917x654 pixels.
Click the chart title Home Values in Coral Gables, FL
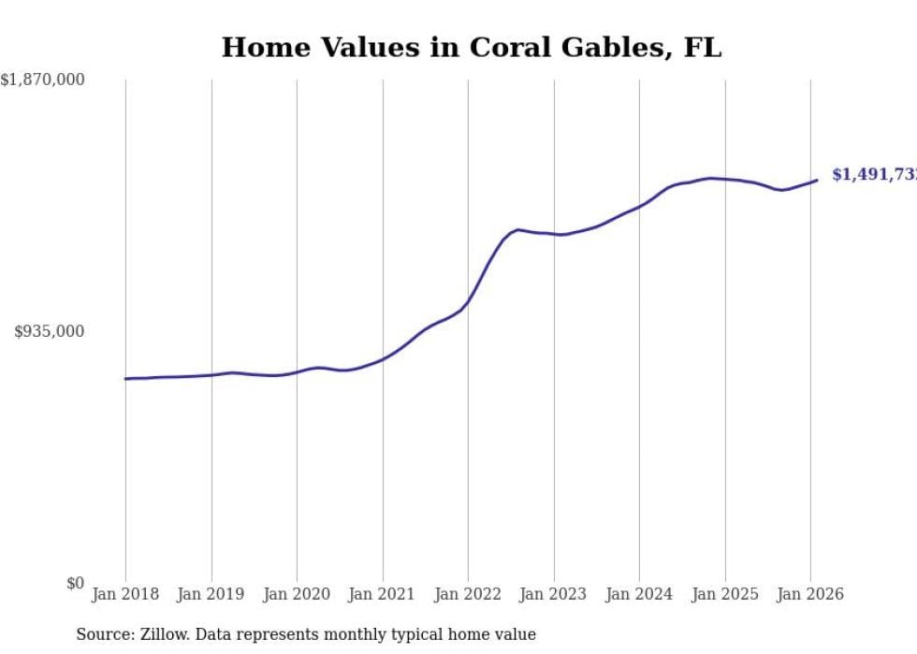472,48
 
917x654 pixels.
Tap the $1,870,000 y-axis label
42,80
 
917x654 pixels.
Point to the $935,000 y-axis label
49,331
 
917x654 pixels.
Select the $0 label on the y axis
75,583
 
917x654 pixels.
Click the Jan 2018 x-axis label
125,594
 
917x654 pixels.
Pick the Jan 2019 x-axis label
211,594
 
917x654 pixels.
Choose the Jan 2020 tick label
297,594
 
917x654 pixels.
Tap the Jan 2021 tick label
382,594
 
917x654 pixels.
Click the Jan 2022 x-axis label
468,594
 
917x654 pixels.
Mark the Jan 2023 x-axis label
553,594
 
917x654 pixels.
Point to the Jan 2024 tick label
639,594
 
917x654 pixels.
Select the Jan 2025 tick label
724,594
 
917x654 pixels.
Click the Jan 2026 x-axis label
810,594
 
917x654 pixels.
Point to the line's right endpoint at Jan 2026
817,180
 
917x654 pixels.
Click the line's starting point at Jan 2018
125,379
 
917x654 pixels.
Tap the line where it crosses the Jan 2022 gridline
468,301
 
